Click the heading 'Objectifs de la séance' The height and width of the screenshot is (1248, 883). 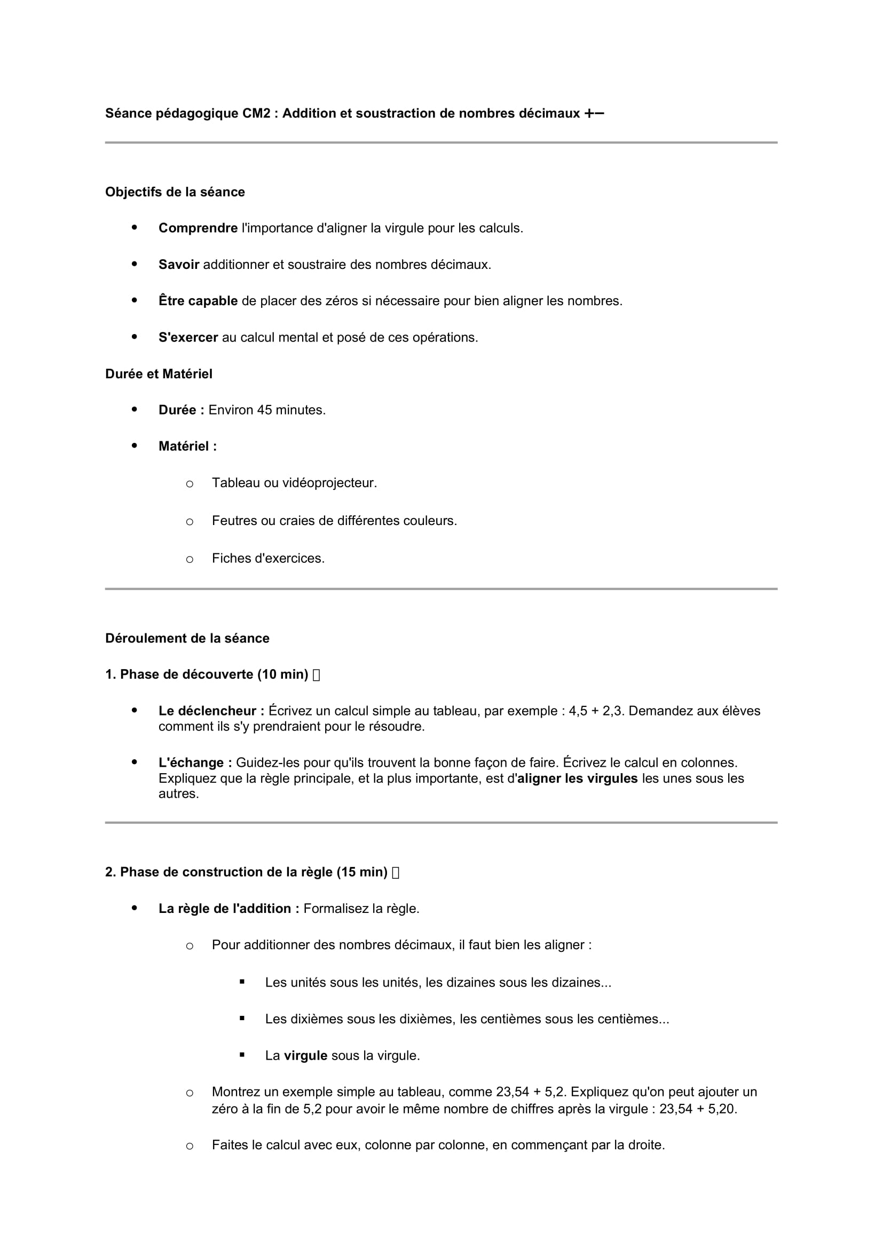point(175,192)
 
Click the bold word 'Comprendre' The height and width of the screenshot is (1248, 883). point(198,228)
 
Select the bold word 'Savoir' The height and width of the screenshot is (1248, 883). point(179,265)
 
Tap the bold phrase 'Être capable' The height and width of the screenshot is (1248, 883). point(198,301)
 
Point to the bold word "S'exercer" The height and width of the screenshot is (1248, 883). point(188,338)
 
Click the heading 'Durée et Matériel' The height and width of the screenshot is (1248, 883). point(159,374)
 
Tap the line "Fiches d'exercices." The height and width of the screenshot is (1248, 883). point(268,558)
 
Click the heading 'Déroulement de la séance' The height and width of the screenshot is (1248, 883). point(187,638)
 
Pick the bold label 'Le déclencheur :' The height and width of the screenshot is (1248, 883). point(211,711)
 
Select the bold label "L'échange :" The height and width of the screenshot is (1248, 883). point(195,762)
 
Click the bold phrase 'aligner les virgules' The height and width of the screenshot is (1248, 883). point(578,778)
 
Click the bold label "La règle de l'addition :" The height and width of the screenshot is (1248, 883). point(229,909)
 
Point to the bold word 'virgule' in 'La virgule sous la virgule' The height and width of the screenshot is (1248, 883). point(305,1055)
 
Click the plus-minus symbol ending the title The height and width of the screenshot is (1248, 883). point(594,113)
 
